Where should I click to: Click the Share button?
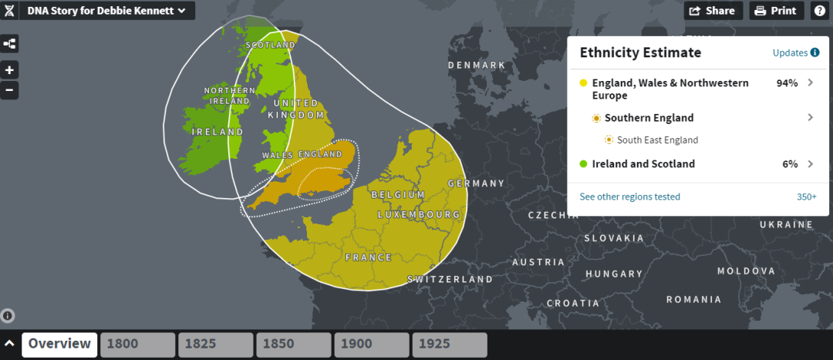point(713,11)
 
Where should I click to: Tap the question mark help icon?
point(819,11)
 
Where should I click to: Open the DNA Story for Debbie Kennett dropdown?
point(106,11)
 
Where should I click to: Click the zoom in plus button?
point(9,69)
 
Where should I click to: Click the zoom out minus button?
point(9,90)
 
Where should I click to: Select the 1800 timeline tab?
point(138,345)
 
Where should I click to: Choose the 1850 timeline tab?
point(294,345)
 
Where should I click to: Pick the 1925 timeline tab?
point(449,345)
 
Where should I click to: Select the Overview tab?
point(60,345)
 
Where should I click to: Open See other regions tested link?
point(630,197)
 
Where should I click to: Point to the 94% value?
point(787,82)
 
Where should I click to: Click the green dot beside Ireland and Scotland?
point(583,164)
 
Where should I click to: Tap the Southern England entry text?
point(649,118)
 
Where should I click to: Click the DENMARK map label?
point(477,66)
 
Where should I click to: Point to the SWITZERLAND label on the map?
point(450,279)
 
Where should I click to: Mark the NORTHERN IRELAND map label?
point(228,96)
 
